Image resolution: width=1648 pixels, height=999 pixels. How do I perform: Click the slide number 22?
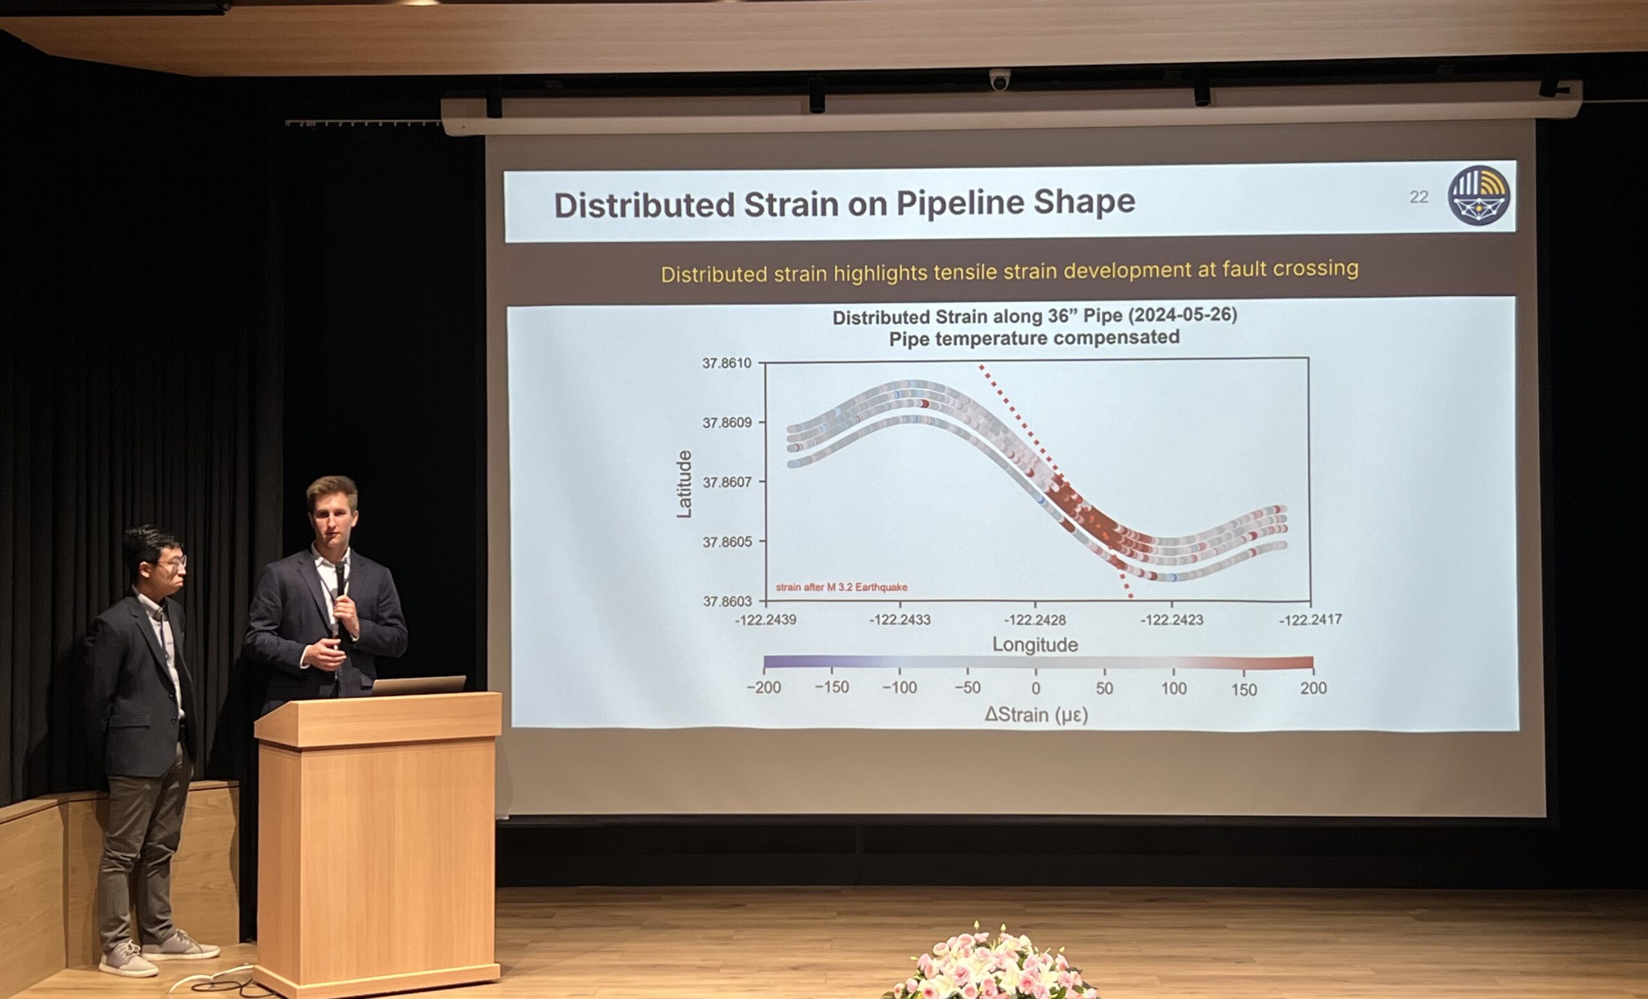(x=1418, y=196)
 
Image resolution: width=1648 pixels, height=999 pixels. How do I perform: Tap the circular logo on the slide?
(x=1478, y=195)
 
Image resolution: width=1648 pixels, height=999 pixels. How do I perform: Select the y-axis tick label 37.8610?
(x=726, y=363)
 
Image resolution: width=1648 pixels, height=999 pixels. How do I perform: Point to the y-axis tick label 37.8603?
(x=726, y=601)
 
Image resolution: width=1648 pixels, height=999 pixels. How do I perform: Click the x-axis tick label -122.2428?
(x=1035, y=620)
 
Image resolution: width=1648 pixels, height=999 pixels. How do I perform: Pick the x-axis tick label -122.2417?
(x=1310, y=620)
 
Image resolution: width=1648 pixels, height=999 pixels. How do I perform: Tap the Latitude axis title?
(x=684, y=483)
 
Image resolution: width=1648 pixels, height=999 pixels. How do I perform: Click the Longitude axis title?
(x=1035, y=644)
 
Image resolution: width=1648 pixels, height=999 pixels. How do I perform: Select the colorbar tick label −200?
(x=763, y=687)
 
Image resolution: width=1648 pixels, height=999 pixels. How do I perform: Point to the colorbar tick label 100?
(x=1173, y=688)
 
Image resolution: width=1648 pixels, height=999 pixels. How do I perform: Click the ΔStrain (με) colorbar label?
(x=1036, y=715)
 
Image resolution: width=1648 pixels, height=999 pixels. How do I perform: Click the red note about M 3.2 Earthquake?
(x=841, y=587)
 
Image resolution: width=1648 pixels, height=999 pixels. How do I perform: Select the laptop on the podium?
(x=418, y=685)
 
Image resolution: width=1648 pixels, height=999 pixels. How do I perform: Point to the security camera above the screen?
(x=1000, y=80)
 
